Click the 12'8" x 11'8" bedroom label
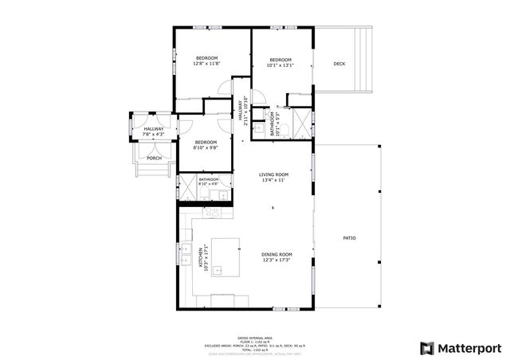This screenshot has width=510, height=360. coord(207,61)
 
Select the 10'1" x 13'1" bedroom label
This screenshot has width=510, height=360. coord(280,62)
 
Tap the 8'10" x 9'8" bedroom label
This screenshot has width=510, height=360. coord(206,145)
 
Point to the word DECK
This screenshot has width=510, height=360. coord(339,64)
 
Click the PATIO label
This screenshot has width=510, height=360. coord(349,238)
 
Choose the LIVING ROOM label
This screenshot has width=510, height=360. coord(273,177)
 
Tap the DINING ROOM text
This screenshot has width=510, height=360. coord(276,257)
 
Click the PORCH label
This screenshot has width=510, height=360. coord(154,158)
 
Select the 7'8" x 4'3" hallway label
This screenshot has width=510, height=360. coord(154,131)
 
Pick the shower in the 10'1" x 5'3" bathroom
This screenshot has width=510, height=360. coord(304,123)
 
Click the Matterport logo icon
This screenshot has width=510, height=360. coord(427,347)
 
